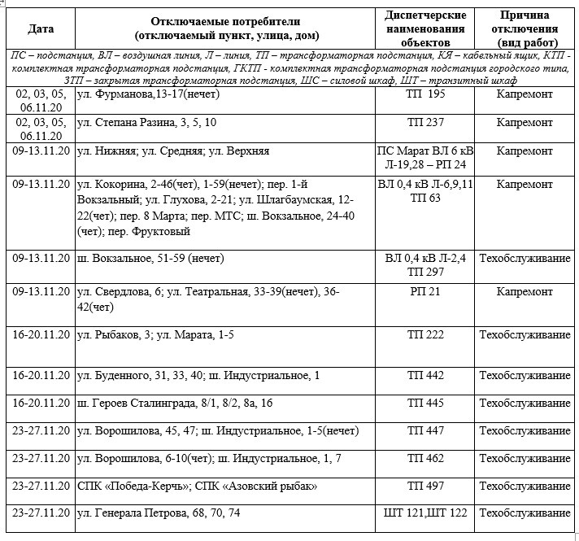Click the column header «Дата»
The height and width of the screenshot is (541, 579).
tap(41, 28)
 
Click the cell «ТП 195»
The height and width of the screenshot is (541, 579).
tap(425, 95)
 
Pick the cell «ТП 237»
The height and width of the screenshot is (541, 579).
tap(425, 122)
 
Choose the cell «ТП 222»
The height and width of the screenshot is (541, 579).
tap(425, 335)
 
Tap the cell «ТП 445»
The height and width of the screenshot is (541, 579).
tap(425, 403)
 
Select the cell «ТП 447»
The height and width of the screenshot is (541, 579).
tap(425, 430)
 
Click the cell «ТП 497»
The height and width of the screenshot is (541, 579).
tap(425, 486)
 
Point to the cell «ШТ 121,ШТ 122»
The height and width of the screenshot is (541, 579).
tap(425, 513)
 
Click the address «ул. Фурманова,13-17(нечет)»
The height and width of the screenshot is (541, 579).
tap(144, 95)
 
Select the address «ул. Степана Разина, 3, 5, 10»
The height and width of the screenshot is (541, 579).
tap(146, 122)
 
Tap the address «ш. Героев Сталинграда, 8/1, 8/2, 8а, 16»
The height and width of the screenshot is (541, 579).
tap(174, 403)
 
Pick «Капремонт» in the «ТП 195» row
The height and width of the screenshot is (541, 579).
tap(525, 95)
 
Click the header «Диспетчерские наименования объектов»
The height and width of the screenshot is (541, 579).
tap(425, 28)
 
